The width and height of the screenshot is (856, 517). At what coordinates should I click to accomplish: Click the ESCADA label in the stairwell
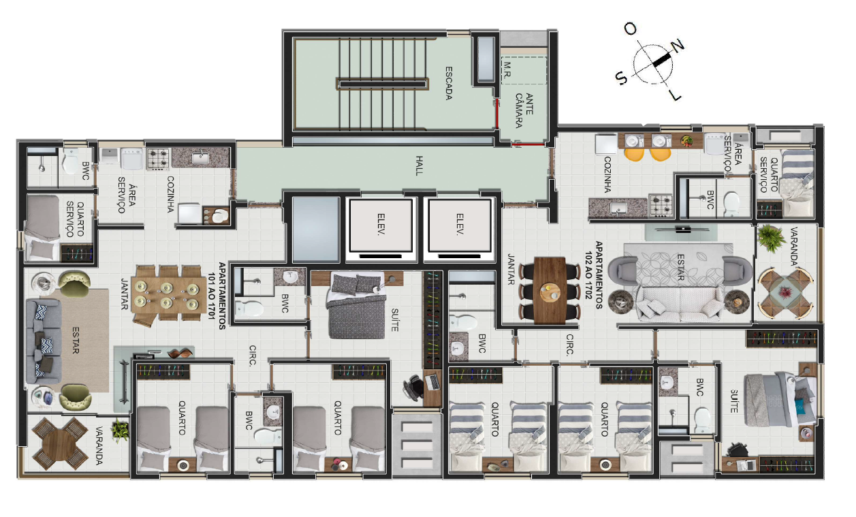449,83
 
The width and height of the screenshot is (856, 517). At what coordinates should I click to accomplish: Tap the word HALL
419,166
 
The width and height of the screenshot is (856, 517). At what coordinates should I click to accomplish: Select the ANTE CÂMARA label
524,110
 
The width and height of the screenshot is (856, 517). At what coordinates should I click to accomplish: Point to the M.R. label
507,70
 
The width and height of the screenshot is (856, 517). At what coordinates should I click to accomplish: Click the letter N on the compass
678,46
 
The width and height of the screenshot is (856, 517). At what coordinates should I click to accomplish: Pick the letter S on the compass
621,78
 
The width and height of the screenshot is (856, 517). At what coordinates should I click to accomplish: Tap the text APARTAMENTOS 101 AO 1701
217,296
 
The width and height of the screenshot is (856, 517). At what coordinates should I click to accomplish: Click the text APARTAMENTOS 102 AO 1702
593,275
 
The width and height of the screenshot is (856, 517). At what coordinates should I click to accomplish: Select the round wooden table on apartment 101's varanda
61,443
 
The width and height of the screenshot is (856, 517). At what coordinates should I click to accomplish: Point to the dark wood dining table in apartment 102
550,290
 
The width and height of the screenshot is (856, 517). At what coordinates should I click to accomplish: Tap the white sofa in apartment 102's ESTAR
680,304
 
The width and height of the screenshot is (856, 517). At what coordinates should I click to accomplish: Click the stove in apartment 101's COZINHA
158,159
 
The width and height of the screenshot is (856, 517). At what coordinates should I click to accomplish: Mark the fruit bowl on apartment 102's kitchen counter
686,141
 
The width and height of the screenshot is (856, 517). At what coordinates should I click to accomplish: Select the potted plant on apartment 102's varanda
771,238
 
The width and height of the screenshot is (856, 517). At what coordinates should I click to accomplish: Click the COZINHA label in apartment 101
170,194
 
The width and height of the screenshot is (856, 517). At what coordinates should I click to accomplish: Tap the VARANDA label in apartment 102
793,246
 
